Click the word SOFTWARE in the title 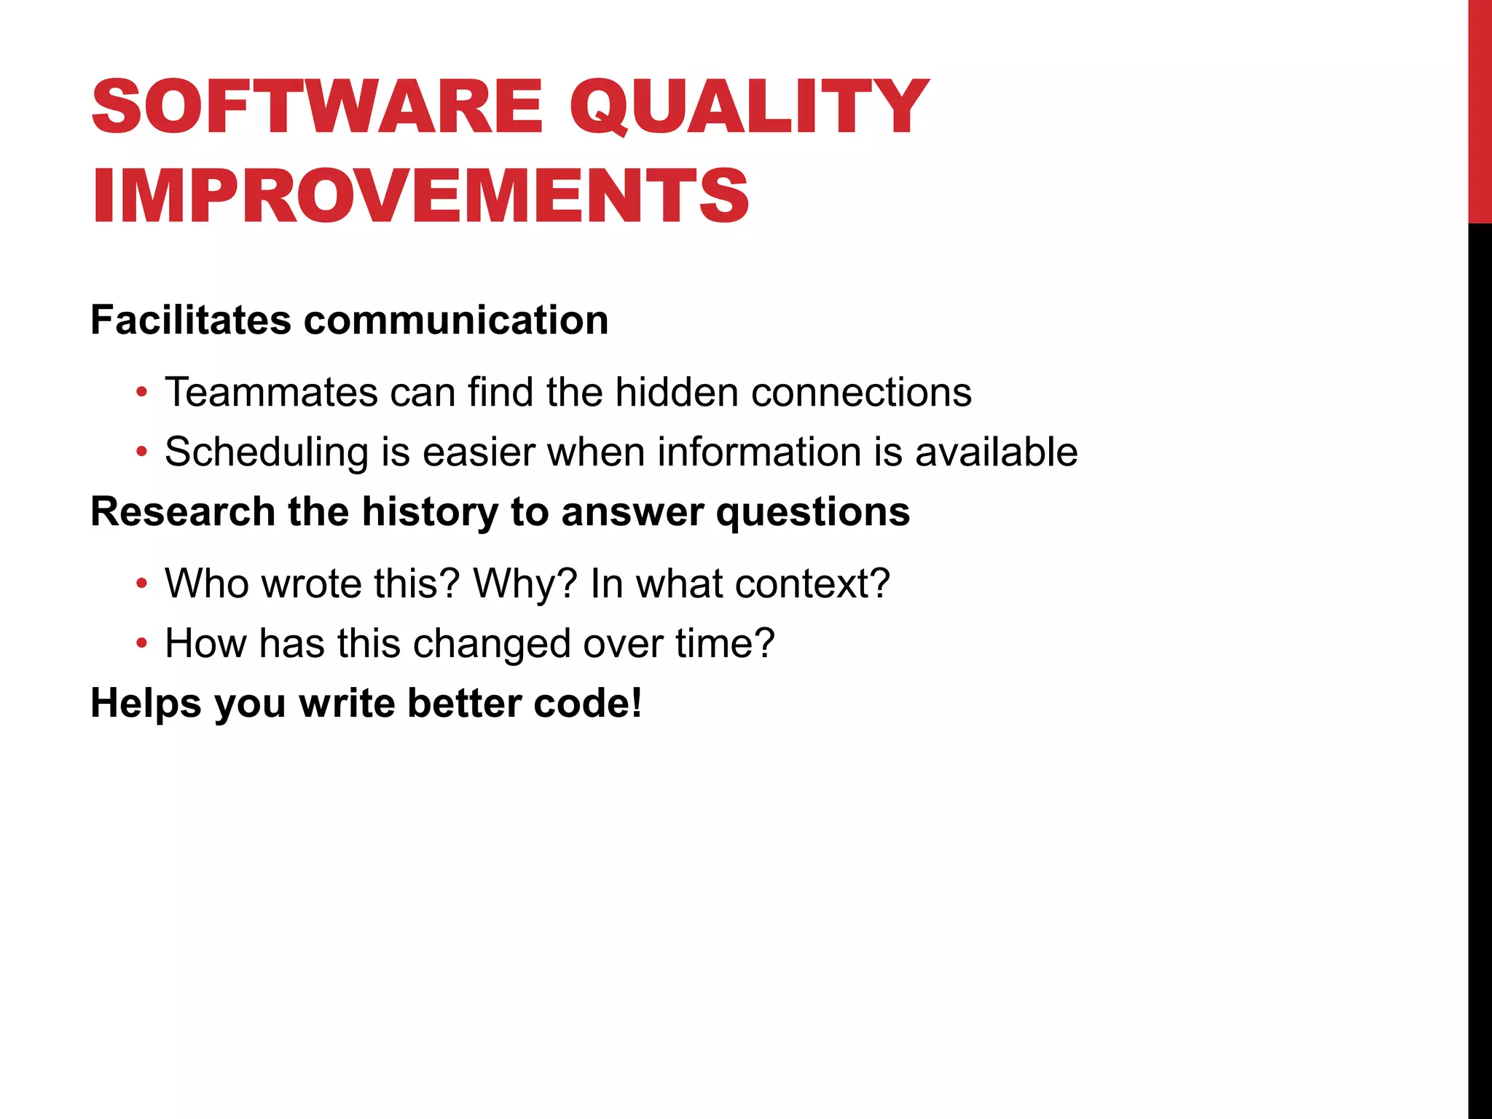tap(317, 107)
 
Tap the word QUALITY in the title tap(748, 107)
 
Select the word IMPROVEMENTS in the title tap(420, 195)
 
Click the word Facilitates tap(191, 321)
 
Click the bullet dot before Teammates tap(142, 393)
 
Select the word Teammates tap(271, 392)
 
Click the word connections tap(861, 392)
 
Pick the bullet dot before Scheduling tap(142, 452)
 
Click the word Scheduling tap(267, 452)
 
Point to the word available tap(996, 452)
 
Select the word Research tap(183, 511)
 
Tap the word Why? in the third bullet tap(525, 584)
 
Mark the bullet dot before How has tap(142, 644)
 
